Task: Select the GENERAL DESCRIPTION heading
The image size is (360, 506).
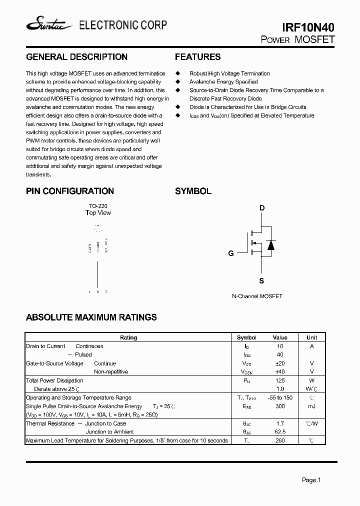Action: point(76,57)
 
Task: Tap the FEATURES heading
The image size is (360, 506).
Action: point(197,57)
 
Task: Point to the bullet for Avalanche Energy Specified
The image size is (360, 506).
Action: point(177,81)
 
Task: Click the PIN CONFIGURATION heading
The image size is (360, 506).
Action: point(69,191)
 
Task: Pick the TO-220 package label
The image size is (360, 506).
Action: point(98,205)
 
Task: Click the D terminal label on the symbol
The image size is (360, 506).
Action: point(262,208)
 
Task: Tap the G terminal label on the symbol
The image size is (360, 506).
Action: point(231,253)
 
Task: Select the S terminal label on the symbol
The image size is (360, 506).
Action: point(261,281)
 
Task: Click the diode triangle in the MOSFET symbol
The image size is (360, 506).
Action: point(270,244)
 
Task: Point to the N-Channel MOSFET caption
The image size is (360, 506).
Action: point(257,296)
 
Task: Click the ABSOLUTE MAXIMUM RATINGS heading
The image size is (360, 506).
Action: point(91,317)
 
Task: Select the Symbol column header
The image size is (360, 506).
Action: point(246,337)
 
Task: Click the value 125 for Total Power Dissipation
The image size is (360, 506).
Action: point(280,380)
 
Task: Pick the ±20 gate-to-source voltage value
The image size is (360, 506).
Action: point(280,363)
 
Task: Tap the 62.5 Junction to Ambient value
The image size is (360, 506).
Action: point(280,431)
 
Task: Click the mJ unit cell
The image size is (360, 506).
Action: point(311,406)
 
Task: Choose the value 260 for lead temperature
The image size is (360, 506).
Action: point(280,440)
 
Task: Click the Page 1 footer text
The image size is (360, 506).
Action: point(311,480)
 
